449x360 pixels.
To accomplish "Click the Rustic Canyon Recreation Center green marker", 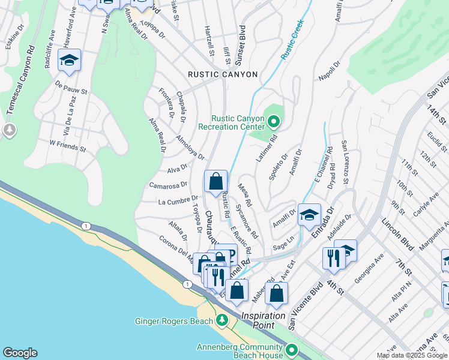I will (274, 123).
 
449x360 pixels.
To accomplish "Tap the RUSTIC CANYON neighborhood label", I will (223, 74).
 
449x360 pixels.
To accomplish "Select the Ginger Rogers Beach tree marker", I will (222, 320).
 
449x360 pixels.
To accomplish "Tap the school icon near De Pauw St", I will (70, 61).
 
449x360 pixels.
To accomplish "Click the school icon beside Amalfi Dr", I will (309, 215).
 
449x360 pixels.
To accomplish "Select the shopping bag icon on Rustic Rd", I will (215, 182).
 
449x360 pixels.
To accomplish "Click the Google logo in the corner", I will (20, 353).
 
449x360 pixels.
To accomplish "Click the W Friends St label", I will (68, 146).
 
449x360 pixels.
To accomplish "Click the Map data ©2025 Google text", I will (412, 355).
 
